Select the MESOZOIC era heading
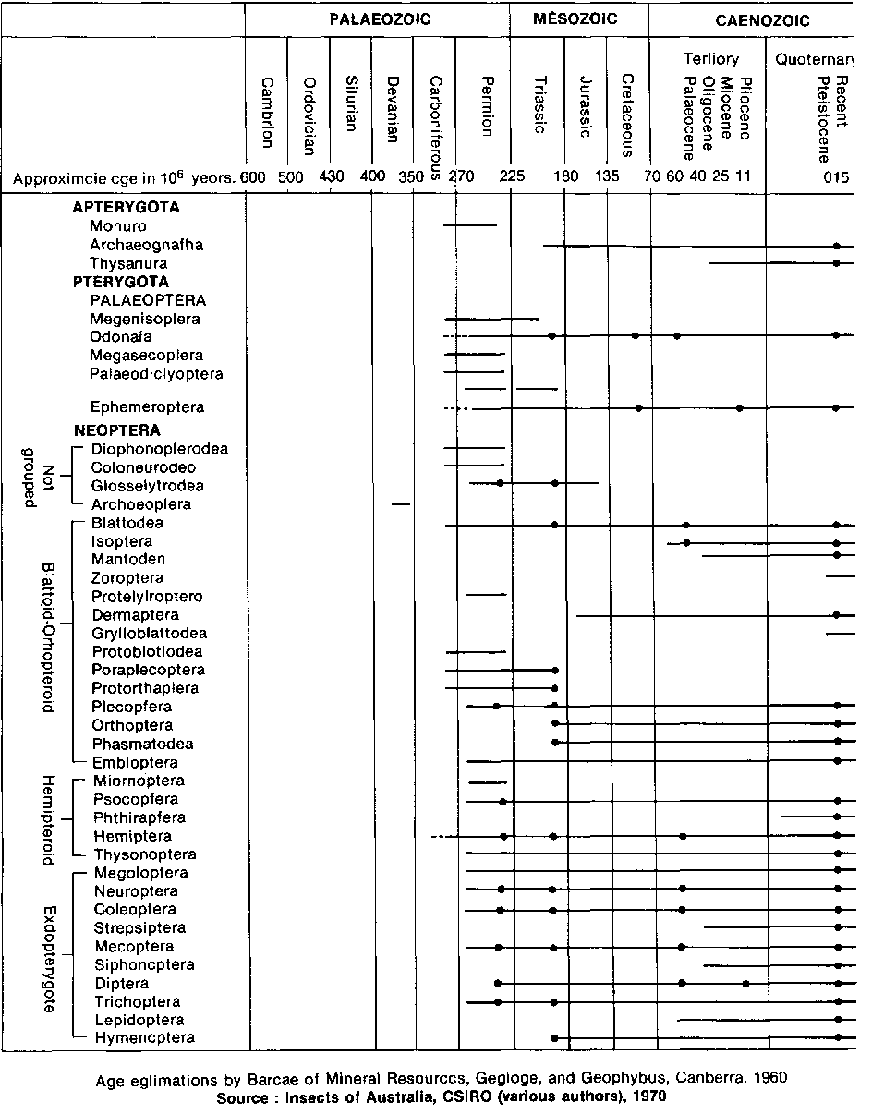pyautogui.click(x=575, y=18)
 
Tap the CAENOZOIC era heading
pyautogui.click(x=762, y=19)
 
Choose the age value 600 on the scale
pyautogui.click(x=250, y=177)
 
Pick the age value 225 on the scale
pyautogui.click(x=512, y=177)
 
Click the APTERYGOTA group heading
pyautogui.click(x=126, y=208)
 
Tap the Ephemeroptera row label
pyautogui.click(x=147, y=406)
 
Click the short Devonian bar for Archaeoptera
pyautogui.click(x=401, y=503)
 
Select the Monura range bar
pyautogui.click(x=470, y=224)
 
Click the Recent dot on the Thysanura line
pyautogui.click(x=836, y=263)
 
